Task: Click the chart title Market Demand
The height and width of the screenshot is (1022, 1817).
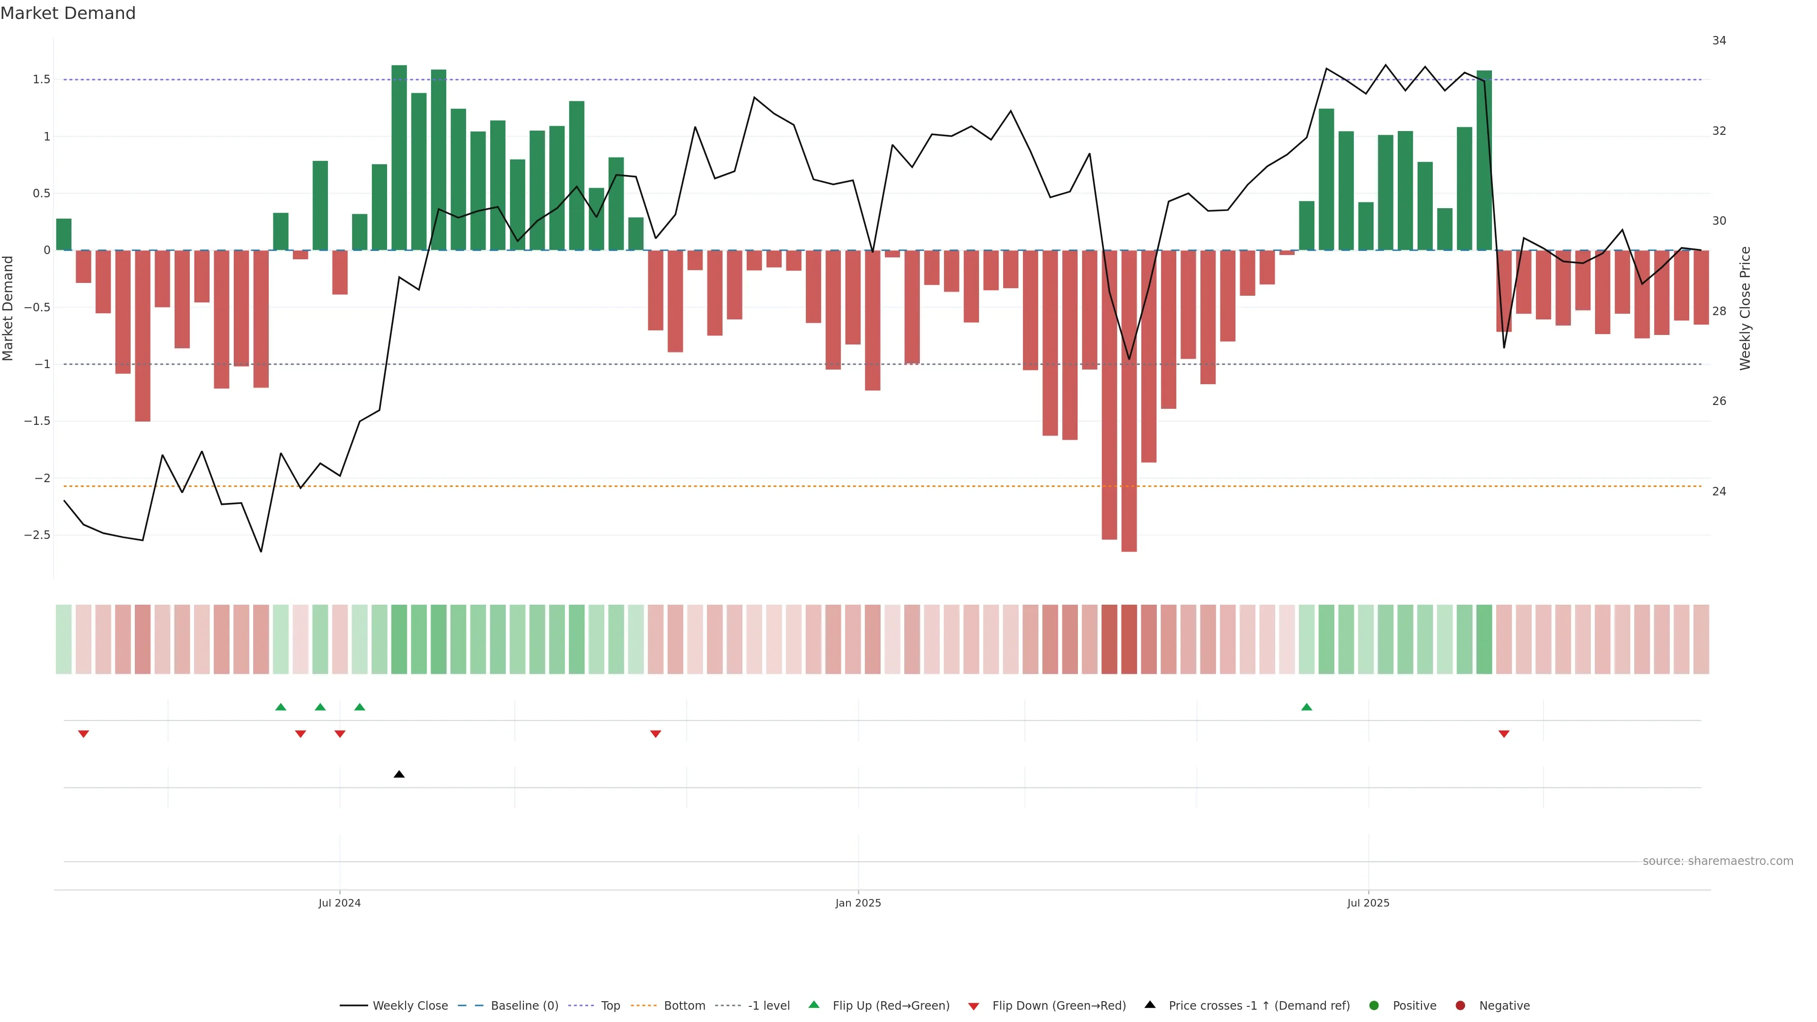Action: (68, 13)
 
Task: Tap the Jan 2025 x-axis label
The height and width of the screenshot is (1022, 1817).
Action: (858, 903)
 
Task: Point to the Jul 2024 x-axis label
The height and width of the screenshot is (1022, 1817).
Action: (339, 903)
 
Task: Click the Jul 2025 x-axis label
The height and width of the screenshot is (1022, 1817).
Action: (1367, 903)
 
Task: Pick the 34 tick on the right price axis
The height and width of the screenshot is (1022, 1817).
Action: (1719, 41)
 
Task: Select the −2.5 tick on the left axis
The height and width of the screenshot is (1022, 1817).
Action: (37, 535)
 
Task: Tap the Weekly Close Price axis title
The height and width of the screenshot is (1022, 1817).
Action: (1745, 308)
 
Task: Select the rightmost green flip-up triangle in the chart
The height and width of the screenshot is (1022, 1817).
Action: (1306, 707)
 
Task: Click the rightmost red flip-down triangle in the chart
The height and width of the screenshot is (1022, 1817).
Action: (1504, 734)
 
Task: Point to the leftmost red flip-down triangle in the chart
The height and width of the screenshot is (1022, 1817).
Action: (83, 734)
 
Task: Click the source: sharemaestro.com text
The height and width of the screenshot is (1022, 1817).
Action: (1718, 861)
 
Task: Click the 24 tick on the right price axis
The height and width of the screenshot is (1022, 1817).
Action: (1719, 492)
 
